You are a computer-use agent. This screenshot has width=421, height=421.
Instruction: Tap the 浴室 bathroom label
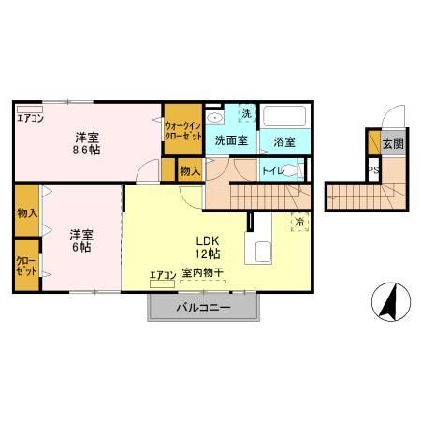coord(284,142)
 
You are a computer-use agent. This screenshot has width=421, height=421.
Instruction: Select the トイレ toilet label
coord(272,170)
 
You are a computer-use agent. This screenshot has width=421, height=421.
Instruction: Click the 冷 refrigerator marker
coord(299,222)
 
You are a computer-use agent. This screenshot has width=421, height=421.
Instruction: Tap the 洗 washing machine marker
coord(246,113)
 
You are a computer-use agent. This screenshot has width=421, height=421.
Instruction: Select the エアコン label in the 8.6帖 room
coord(29,117)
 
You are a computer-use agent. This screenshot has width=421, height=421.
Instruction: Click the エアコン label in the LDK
coord(163,274)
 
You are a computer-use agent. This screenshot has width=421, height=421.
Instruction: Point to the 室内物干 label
coord(202,273)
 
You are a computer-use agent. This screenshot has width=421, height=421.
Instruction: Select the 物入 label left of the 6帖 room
coord(26,213)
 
